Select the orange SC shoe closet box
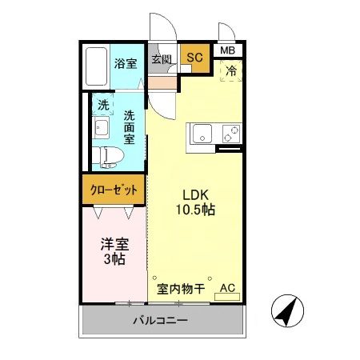click(194, 58)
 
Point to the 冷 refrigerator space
click(230, 70)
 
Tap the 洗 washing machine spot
click(103, 104)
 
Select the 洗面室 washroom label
click(128, 127)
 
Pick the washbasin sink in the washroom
click(102, 128)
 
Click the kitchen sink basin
click(200, 134)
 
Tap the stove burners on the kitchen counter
click(231, 133)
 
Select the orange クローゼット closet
click(112, 190)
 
